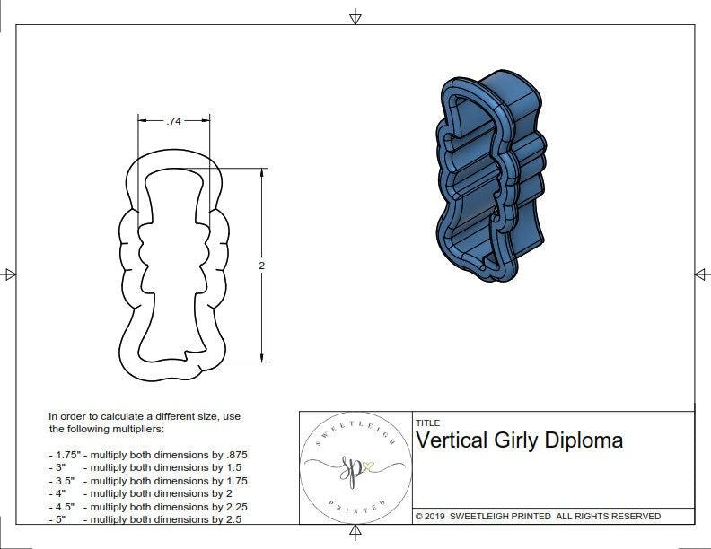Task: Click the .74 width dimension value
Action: pos(175,120)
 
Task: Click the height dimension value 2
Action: pos(261,266)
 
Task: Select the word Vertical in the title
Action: pos(451,440)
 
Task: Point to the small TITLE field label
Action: pos(427,423)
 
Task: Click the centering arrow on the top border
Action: pos(355,16)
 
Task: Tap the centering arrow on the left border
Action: pos(9,274)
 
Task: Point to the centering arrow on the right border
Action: pos(701,274)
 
